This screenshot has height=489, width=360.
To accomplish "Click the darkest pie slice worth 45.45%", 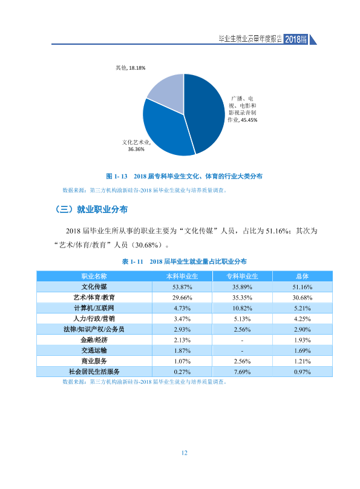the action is tap(204, 113).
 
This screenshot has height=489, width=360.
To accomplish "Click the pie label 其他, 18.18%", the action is tap(130, 68).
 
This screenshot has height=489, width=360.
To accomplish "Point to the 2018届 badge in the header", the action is tap(296, 39).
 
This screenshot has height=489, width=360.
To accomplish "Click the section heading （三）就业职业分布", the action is tap(91, 209).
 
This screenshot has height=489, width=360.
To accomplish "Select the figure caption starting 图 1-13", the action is tap(184, 176).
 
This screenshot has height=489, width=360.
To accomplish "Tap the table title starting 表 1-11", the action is tap(184, 261).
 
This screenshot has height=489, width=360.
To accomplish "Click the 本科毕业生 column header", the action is tap(182, 277).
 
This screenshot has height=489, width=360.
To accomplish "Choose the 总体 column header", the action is tap(303, 277).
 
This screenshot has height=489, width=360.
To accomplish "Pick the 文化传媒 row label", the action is tap(94, 287).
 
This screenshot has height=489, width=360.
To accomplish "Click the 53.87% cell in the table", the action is tap(182, 287).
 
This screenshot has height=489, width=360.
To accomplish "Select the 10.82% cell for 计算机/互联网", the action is tap(242, 308).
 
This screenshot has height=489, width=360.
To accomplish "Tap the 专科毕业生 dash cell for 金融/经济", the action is tap(242, 340).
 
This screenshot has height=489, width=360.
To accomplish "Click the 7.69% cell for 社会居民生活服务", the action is tap(242, 372).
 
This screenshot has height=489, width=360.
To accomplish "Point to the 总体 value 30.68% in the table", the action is tap(303, 298).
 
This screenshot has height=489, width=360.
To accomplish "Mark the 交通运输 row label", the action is tap(94, 350).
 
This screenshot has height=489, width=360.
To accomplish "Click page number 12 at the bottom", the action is tap(184, 453).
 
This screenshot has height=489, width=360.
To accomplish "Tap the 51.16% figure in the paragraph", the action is tap(277, 231).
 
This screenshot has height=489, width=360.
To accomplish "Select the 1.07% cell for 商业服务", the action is tap(182, 361).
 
